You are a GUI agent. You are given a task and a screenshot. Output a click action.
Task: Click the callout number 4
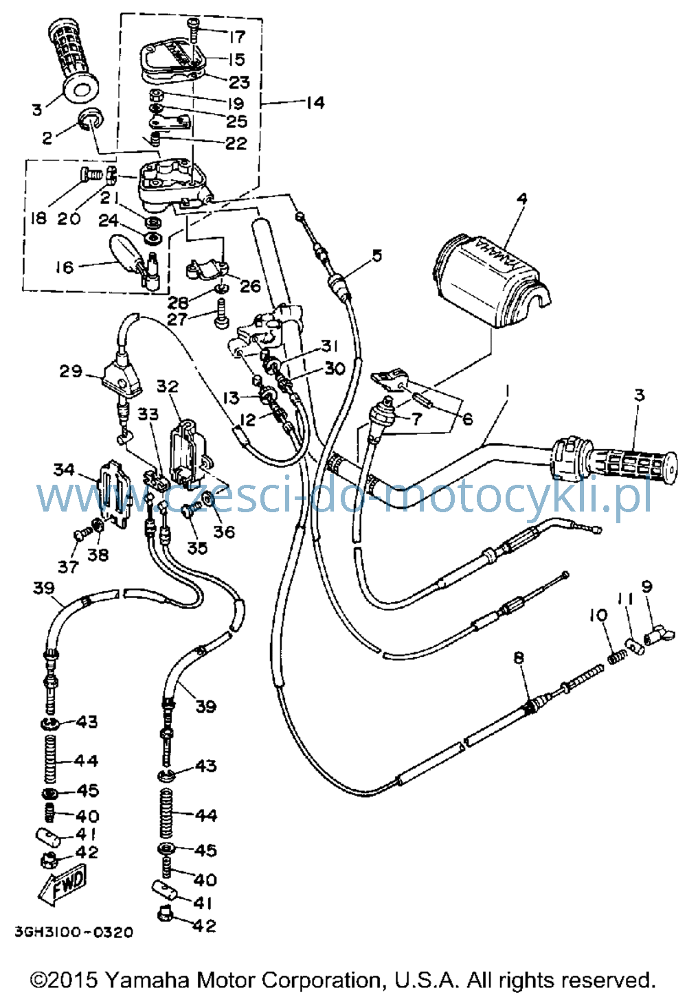pyautogui.click(x=521, y=199)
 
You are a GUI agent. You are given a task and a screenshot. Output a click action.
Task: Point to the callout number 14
pyautogui.click(x=315, y=103)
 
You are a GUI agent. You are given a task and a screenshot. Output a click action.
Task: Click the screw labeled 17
pyautogui.click(x=193, y=30)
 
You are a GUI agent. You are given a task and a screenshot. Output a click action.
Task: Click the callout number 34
pyautogui.click(x=64, y=470)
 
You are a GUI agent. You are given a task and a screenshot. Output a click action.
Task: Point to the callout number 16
pyautogui.click(x=65, y=267)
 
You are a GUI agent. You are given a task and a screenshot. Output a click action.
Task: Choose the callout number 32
pyautogui.click(x=167, y=386)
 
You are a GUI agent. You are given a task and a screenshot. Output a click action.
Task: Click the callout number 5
pyautogui.click(x=376, y=255)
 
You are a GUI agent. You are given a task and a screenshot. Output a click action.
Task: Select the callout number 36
pyautogui.click(x=224, y=531)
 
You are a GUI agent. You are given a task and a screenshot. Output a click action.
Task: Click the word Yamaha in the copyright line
pyautogui.click(x=149, y=980)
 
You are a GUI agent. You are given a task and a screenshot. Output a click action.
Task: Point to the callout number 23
pyautogui.click(x=239, y=82)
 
